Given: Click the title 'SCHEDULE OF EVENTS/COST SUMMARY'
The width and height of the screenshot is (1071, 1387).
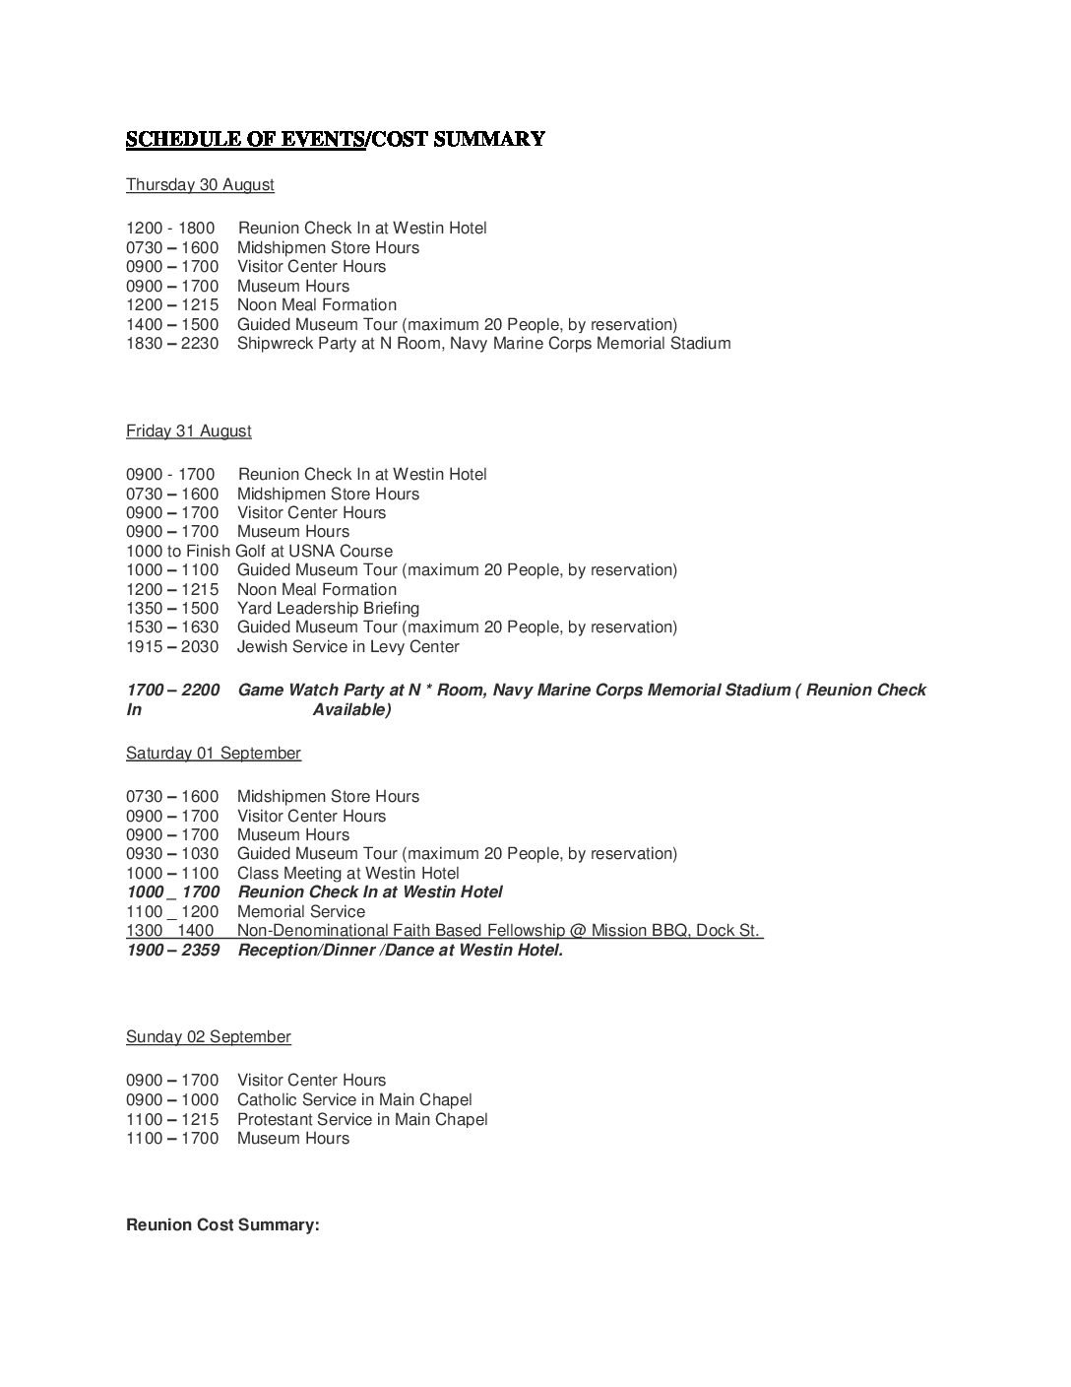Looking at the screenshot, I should [x=335, y=139].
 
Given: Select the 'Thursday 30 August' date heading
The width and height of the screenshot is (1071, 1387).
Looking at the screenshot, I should [x=200, y=185].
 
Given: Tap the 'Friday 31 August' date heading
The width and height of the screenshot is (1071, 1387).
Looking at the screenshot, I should [x=188, y=431].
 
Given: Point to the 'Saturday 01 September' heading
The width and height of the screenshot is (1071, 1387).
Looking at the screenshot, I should [x=213, y=754].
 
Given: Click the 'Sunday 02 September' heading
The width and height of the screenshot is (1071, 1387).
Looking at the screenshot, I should [x=208, y=1037].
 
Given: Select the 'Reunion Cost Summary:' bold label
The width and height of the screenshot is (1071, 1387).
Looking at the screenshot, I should [x=222, y=1226].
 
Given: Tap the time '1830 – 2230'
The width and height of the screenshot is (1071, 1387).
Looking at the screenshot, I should [x=172, y=344].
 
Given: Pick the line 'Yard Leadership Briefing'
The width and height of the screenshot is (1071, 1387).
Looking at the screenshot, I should [x=328, y=609].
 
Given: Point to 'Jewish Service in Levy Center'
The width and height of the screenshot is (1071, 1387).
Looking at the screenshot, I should [x=347, y=647].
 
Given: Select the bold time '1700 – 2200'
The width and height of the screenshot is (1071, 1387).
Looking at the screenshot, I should [x=173, y=691].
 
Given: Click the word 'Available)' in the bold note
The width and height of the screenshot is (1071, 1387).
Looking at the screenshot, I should [x=351, y=710].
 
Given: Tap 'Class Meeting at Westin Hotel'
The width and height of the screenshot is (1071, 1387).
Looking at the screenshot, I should [x=347, y=874].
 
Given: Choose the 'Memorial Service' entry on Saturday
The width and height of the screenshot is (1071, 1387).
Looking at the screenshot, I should [x=301, y=912].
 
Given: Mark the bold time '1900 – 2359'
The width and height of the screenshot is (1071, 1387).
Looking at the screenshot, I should [x=173, y=951].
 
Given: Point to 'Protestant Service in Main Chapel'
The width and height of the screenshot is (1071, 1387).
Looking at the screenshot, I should [x=362, y=1120].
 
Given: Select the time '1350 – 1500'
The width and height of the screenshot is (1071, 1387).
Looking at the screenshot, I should [x=172, y=609].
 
